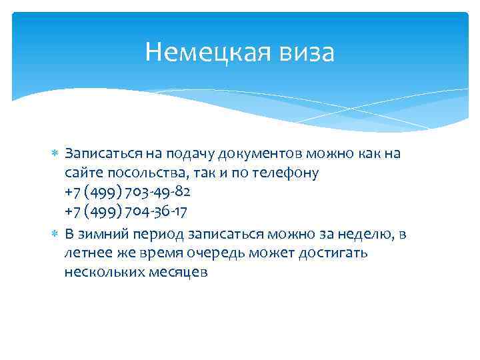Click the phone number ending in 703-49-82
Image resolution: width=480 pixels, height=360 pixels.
click(x=127, y=193)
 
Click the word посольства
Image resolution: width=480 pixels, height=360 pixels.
click(x=136, y=173)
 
